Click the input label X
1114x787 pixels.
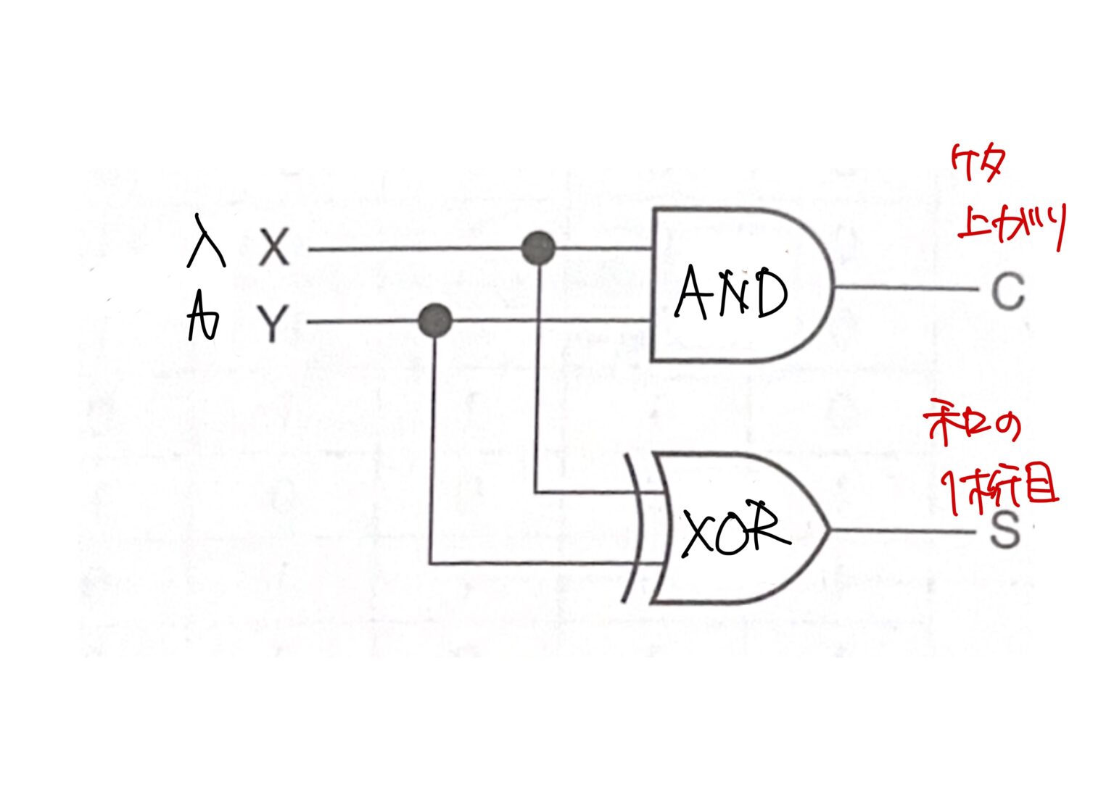pos(274,248)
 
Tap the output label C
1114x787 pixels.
pos(1007,291)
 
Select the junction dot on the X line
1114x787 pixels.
pos(538,249)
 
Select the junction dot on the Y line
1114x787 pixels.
pos(435,320)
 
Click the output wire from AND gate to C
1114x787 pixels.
pos(907,288)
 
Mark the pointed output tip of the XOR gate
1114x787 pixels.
pos(828,529)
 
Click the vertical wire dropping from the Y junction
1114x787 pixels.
pos(432,449)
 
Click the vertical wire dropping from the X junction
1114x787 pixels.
pos(537,377)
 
